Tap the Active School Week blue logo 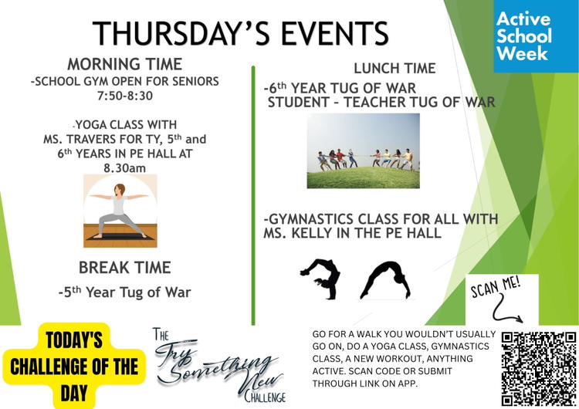pos(537,36)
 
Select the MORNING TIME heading pos(125,64)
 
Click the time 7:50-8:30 pos(125,96)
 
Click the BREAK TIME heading pos(125,268)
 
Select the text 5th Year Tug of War pos(125,292)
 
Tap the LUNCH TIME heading pos(394,68)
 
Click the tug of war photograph pos(364,150)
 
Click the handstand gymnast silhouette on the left pos(320,279)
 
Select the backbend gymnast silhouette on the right pos(385,280)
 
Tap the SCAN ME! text pos(496,287)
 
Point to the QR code pos(539,368)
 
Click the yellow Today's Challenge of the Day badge pos(74,366)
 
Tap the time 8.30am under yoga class pos(125,168)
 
